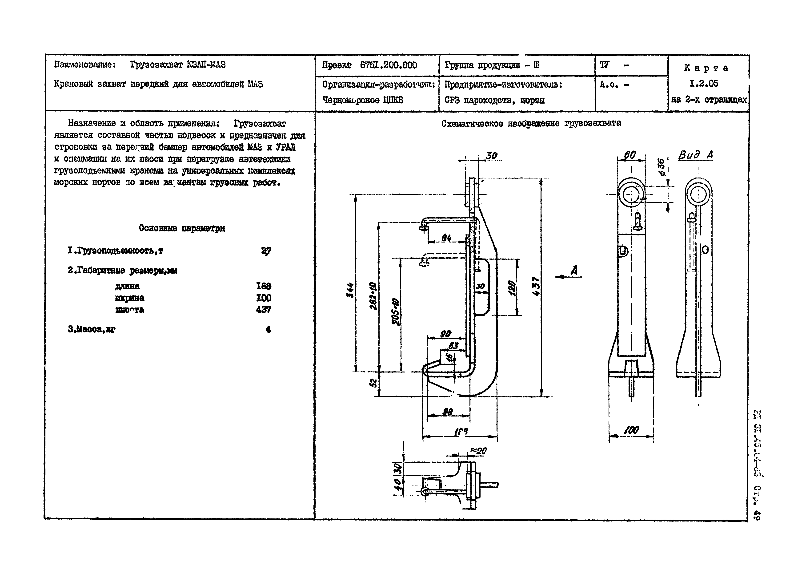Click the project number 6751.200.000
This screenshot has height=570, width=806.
[388, 65]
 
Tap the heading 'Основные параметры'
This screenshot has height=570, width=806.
[182, 228]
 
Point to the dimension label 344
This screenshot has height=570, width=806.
[350, 290]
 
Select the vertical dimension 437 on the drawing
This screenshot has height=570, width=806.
[536, 287]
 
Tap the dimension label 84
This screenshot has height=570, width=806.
[446, 238]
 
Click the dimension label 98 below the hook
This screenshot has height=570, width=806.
[447, 412]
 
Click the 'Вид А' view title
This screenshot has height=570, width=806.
[695, 155]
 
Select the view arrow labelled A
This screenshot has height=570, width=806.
[573, 271]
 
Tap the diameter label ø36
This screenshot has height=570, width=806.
[661, 167]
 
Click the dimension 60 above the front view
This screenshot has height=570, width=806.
[630, 155]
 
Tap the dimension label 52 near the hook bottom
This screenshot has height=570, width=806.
[374, 383]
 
